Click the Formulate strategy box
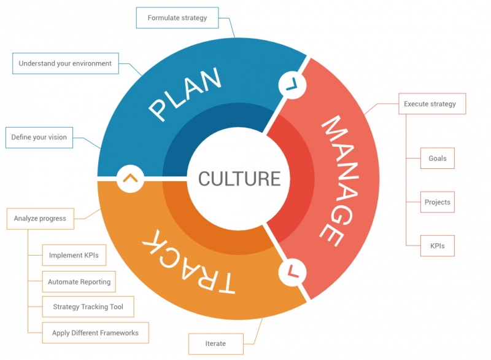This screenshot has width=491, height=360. tap(177, 18)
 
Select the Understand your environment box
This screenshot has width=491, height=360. tap(65, 63)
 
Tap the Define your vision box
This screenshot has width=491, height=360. tap(39, 137)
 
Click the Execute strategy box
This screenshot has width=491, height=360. tap(431, 104)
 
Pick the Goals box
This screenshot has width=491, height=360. tap(437, 158)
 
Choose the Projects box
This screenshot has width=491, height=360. tap(437, 202)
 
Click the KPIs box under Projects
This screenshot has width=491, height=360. tap(437, 246)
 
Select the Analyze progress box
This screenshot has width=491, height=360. tap(40, 219)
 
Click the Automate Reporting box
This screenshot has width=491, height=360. tap(79, 282)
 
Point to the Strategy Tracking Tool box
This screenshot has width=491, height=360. tap(88, 307)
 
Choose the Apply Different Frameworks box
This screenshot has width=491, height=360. tap(95, 333)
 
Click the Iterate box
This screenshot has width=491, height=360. tap(215, 342)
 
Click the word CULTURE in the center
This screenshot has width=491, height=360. tap(239, 179)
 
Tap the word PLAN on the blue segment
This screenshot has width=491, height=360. tap(184, 95)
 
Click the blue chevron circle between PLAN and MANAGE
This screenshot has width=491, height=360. tap(292, 84)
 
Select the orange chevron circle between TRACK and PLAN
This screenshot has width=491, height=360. tap(130, 178)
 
